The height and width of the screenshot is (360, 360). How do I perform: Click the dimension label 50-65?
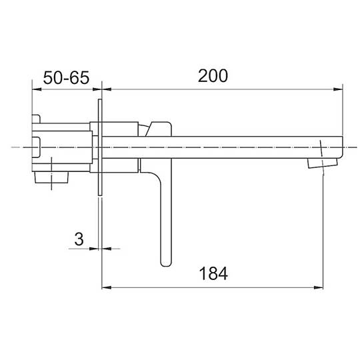pos(66,77)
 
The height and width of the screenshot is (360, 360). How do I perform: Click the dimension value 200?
pos(213,76)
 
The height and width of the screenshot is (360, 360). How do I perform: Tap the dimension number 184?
pos(213,273)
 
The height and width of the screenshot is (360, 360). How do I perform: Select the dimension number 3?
pos(79,239)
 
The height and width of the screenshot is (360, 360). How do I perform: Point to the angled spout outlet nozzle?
pos(322,163)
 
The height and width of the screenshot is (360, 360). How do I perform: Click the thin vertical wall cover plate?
pos(100,147)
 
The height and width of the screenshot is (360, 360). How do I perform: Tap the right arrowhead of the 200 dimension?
pos(338,89)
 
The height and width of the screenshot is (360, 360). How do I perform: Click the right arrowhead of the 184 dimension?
pos(319,287)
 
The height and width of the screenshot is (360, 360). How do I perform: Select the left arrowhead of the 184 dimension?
pos(107,287)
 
